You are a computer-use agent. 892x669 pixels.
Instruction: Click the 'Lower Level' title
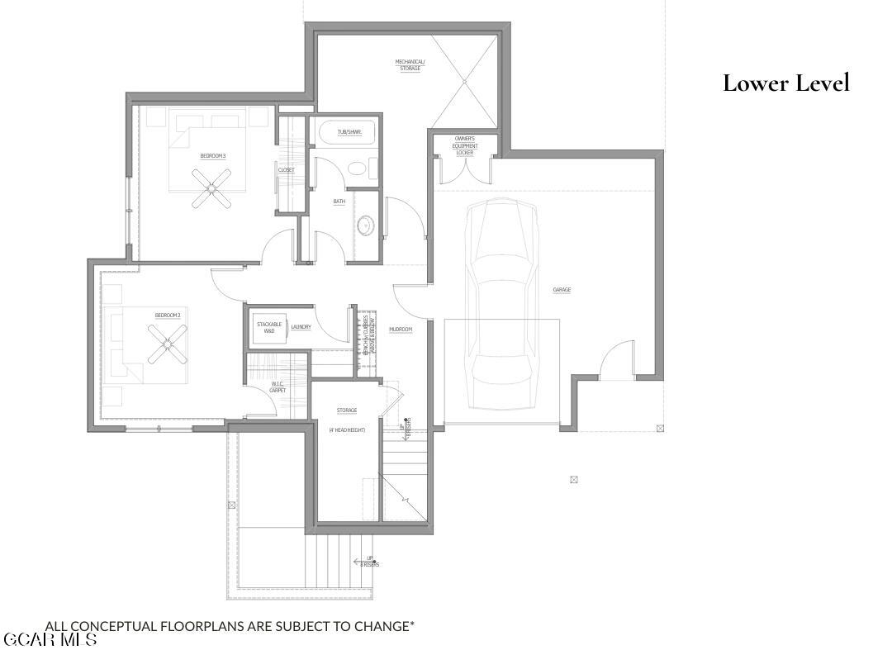point(785,83)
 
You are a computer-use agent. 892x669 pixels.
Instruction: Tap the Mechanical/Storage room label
point(410,64)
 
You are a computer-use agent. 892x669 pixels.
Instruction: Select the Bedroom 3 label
point(212,156)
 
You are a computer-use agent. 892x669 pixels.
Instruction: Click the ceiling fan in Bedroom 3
point(212,188)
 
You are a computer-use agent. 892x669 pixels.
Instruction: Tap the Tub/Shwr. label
point(349,132)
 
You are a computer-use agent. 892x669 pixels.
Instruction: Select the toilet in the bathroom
point(358,169)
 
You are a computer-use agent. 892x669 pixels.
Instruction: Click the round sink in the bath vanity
point(365,223)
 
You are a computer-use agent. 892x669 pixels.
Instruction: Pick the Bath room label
point(339,202)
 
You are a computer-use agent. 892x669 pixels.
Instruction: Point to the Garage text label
point(562,290)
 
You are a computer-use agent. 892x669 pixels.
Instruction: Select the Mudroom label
point(401,329)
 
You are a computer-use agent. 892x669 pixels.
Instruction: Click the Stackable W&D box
point(269,327)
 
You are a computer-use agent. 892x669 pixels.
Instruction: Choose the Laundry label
point(301,327)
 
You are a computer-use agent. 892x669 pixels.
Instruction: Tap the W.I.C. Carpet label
point(278,387)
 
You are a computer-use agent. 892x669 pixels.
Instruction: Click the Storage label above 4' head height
point(346,410)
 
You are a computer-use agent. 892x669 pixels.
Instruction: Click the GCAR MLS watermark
point(50,640)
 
